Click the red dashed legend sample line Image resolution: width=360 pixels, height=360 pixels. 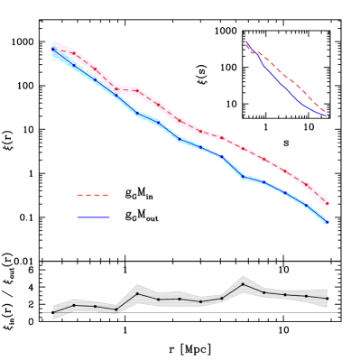92,195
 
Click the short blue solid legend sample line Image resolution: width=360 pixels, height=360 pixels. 93,217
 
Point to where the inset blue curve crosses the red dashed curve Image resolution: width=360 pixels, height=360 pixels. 252,51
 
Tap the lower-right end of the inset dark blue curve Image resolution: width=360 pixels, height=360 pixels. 325,116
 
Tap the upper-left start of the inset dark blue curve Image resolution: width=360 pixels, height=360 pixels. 246,43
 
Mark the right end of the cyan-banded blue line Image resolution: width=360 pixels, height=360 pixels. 327,222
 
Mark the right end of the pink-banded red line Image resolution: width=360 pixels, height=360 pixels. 327,203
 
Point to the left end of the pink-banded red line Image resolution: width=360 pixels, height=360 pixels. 53,45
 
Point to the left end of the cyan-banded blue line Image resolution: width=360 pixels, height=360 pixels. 53,52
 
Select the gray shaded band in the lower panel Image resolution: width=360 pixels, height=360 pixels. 180,299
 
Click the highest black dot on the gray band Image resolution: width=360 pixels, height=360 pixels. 243,284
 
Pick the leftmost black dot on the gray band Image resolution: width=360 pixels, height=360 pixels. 53,312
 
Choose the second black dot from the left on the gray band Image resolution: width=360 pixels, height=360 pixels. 74,305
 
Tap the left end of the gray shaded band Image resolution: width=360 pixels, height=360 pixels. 53,312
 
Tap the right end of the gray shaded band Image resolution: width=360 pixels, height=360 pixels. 327,298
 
